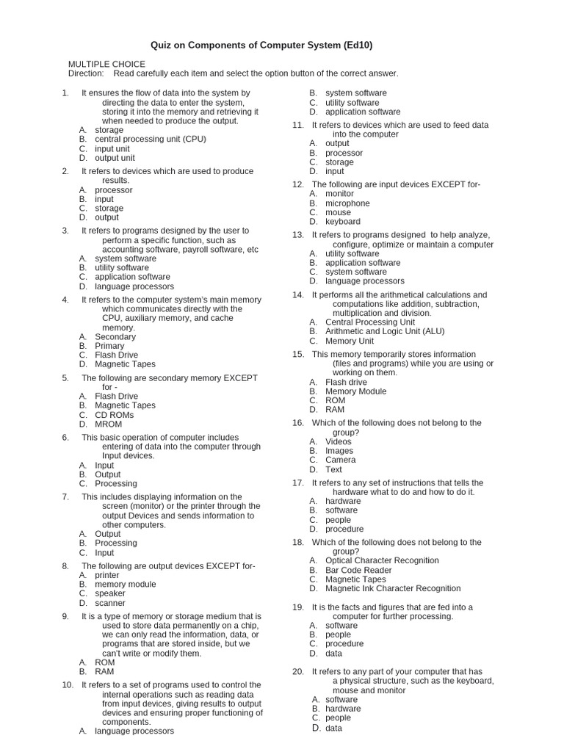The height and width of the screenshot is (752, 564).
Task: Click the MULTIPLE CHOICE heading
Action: point(106,64)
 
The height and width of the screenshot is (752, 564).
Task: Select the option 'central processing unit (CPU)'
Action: point(151,139)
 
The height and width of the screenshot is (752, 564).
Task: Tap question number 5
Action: point(65,378)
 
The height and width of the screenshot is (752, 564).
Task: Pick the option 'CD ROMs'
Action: point(115,415)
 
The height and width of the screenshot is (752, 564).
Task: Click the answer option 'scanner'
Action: point(110,603)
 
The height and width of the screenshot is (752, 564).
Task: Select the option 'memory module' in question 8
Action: point(126,585)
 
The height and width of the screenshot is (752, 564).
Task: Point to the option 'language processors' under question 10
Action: point(134,731)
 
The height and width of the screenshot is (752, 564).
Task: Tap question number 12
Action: point(297,184)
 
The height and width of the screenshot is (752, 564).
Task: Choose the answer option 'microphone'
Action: point(347,203)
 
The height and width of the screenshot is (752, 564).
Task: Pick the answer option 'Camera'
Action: point(341,460)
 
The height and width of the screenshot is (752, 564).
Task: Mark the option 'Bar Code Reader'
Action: point(358,570)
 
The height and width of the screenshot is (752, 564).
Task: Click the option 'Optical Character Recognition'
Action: point(382,560)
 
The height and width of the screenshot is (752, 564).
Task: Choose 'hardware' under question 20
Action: point(343,709)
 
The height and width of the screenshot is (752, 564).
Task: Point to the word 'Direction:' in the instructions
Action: point(87,73)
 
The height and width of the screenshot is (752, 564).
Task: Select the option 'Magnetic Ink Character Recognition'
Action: point(393,588)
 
